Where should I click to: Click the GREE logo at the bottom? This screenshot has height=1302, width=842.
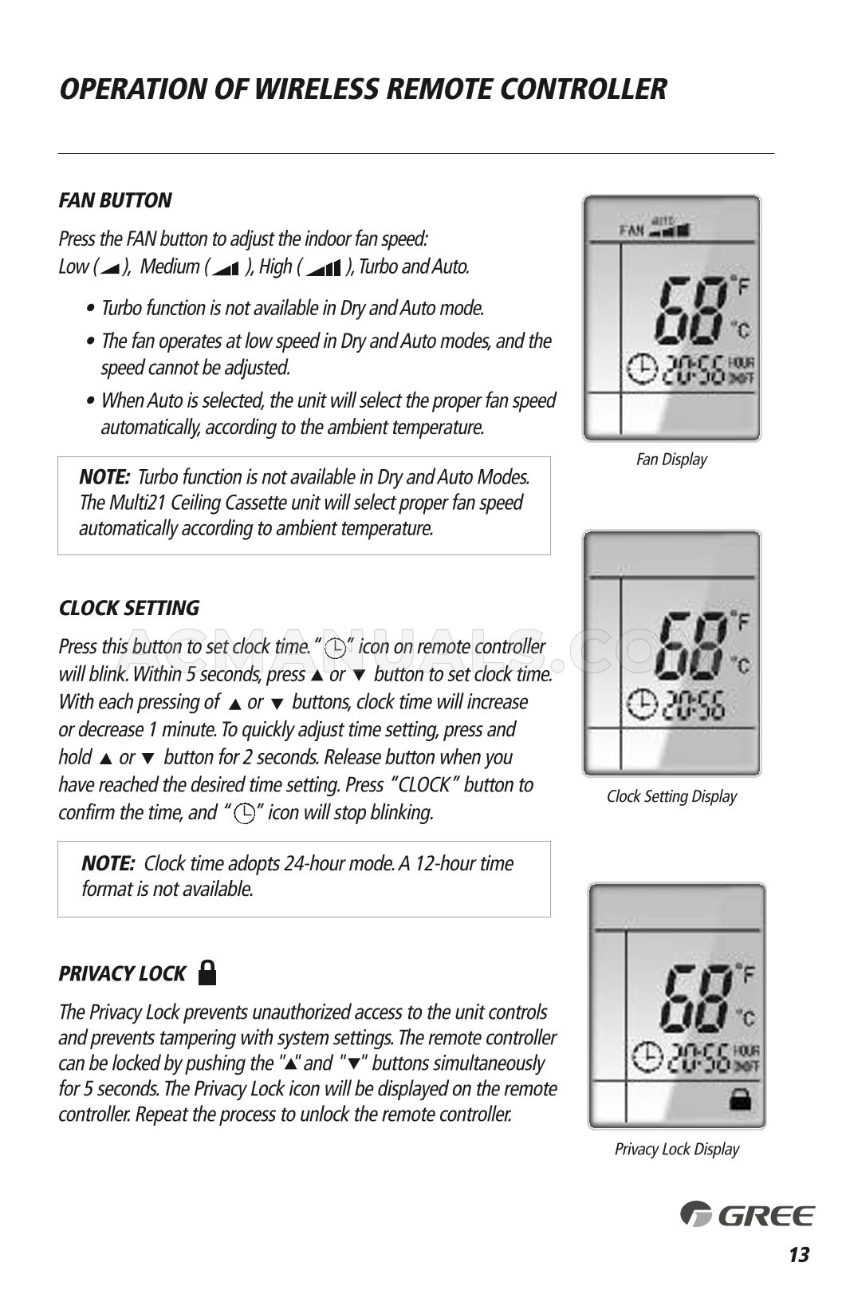click(x=747, y=1214)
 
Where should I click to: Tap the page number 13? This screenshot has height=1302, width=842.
click(x=798, y=1255)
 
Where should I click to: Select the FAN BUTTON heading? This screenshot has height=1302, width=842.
click(x=115, y=200)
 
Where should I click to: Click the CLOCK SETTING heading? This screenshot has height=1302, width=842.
click(x=129, y=608)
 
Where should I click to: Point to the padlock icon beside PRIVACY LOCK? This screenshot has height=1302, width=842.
click(x=207, y=972)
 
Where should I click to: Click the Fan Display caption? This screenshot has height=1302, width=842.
click(x=671, y=460)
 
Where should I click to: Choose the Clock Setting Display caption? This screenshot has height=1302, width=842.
click(x=671, y=796)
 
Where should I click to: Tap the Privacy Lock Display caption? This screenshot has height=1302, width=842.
click(x=676, y=1149)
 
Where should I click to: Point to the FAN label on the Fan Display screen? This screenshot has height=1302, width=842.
click(x=631, y=231)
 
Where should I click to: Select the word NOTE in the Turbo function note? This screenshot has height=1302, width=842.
click(x=104, y=477)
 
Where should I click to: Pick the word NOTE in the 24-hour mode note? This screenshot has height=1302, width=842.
click(x=108, y=863)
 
